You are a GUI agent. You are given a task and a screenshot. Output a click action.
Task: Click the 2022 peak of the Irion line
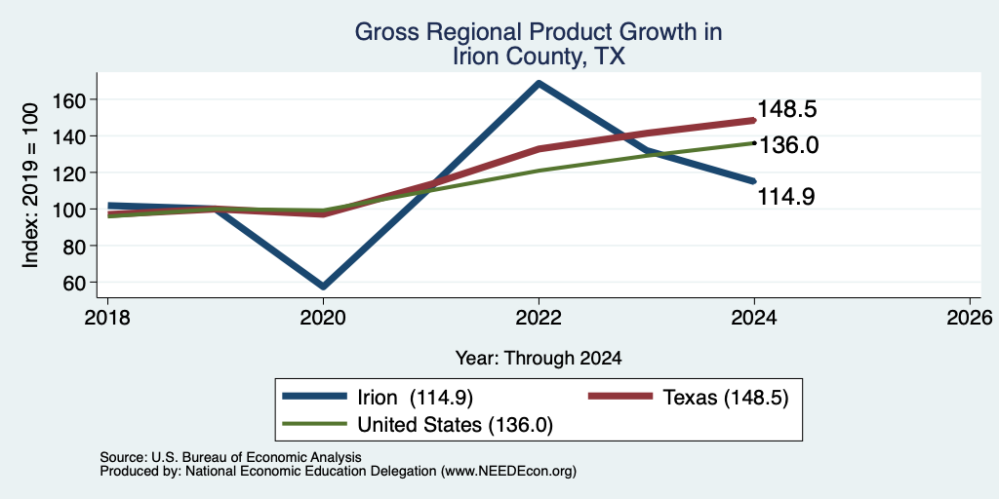[x=539, y=83]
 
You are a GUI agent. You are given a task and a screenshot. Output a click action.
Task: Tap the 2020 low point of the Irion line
[x=324, y=287]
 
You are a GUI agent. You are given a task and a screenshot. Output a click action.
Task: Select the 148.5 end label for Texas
[x=786, y=109]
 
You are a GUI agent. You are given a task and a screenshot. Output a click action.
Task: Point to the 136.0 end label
[x=788, y=146]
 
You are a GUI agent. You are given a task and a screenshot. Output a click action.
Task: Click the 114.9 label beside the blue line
[x=786, y=197]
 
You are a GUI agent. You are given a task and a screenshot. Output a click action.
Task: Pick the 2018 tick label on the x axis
[x=107, y=317]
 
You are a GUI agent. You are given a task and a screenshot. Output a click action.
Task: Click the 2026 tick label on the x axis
[x=970, y=317]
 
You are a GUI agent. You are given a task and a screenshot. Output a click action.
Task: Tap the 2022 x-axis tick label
[x=539, y=317]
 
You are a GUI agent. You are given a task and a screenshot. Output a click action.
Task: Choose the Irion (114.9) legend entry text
[x=416, y=398]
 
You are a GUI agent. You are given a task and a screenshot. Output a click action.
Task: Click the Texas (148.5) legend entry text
[x=726, y=398]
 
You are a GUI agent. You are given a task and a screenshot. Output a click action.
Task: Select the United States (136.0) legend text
[x=455, y=425]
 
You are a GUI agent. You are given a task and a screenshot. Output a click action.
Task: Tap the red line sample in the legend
[x=619, y=397]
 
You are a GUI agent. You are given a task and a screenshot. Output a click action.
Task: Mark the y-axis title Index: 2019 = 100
[x=30, y=185]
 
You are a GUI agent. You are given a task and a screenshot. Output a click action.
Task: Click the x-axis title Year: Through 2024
[x=539, y=359]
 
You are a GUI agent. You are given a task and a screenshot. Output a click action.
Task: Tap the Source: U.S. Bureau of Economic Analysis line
[x=230, y=457]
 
